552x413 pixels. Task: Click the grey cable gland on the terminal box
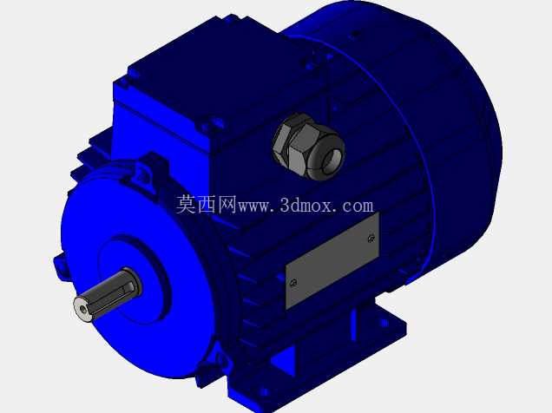(x=308, y=147)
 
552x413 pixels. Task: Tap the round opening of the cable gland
(x=332, y=160)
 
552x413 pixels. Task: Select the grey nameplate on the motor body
(x=332, y=260)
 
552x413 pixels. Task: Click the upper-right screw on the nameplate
(x=371, y=238)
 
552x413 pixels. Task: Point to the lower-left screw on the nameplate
(x=293, y=283)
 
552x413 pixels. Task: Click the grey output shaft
(x=108, y=296)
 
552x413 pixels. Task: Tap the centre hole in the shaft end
(x=83, y=310)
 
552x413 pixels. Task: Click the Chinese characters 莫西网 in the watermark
(x=207, y=205)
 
